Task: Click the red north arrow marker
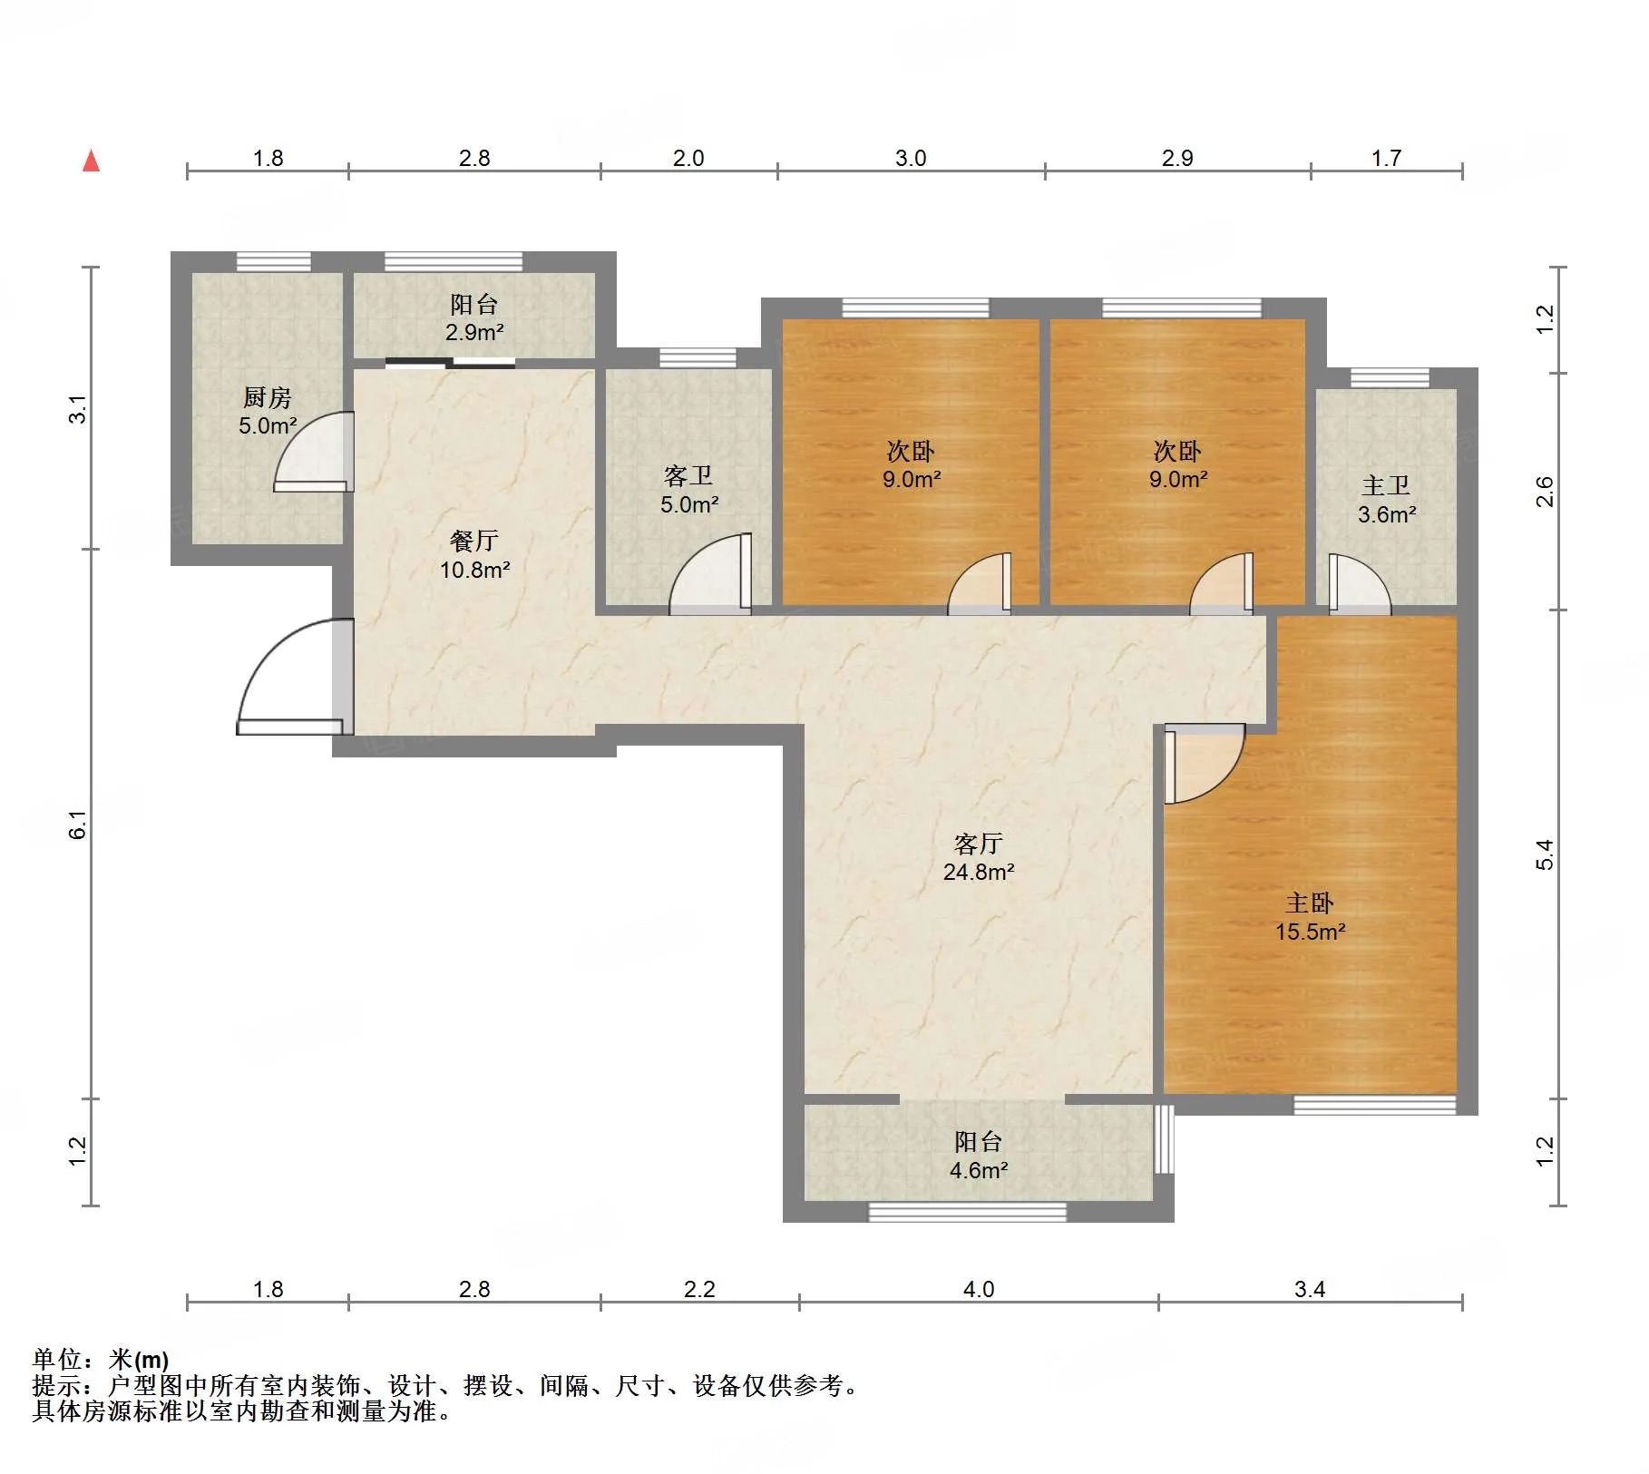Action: click(91, 161)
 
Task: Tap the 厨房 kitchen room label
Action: click(267, 398)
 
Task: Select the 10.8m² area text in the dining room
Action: click(474, 571)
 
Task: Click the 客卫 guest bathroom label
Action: click(688, 476)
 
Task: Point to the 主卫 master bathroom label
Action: click(1386, 486)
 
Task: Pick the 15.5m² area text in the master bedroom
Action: click(1310, 932)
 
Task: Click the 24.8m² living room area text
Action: click(979, 872)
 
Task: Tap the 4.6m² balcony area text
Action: click(979, 1170)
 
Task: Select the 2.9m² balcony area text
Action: click(474, 333)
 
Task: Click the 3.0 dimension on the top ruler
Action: click(911, 159)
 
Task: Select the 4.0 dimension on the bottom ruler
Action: click(979, 1289)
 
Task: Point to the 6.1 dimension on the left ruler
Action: click(79, 824)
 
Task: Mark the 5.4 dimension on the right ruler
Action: click(1545, 854)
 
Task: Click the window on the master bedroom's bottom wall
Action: click(1374, 1105)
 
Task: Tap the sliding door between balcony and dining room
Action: click(450, 364)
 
